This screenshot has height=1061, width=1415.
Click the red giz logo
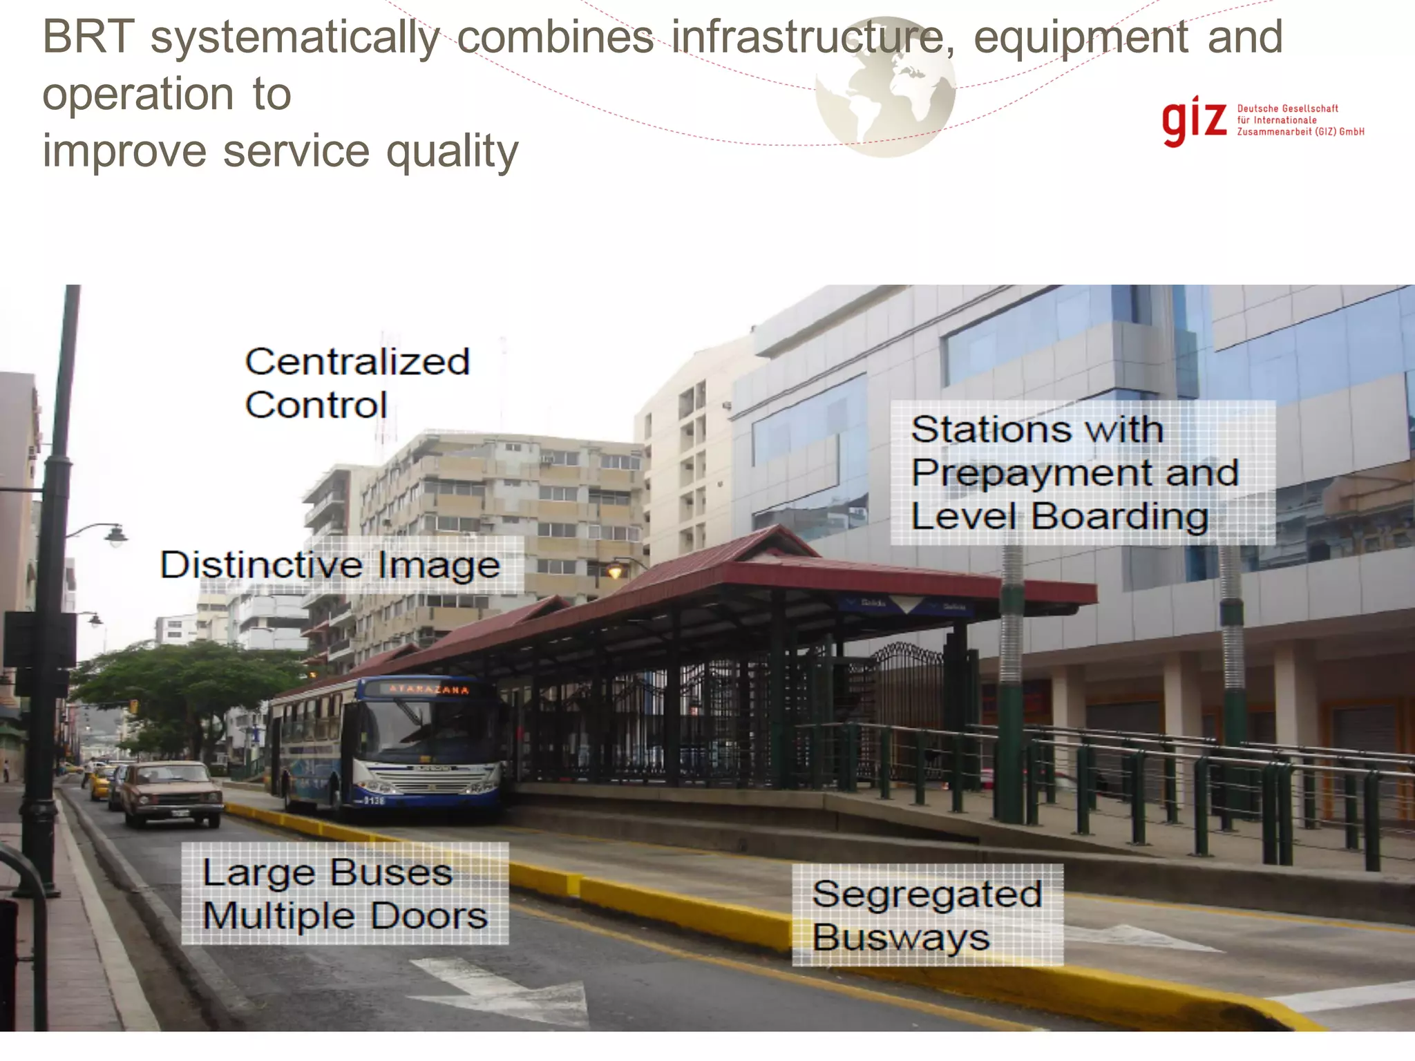coord(1194,122)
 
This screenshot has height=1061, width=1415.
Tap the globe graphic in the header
coord(886,87)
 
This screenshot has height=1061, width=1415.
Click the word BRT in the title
coord(88,37)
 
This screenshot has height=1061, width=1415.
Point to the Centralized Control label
coord(357,383)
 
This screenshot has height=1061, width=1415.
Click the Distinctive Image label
coord(330,565)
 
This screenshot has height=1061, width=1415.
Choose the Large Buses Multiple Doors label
coord(345,894)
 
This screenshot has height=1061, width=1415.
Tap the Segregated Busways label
coord(927,915)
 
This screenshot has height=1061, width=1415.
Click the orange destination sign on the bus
coord(428,689)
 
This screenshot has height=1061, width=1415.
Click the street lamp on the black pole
coord(115,535)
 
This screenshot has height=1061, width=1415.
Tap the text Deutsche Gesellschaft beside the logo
coord(1287,108)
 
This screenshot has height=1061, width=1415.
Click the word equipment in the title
coord(1081,37)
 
